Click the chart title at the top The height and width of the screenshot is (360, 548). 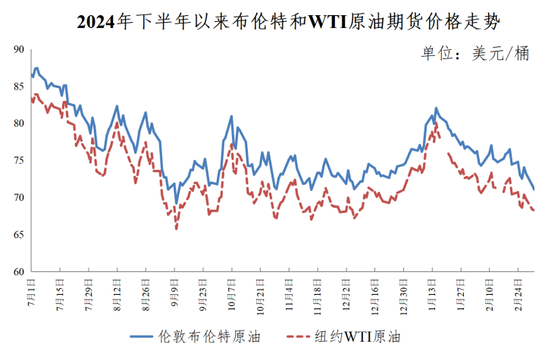pyautogui.click(x=289, y=22)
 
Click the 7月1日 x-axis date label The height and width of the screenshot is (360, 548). pyautogui.click(x=32, y=292)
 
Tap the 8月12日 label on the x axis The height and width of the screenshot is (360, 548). pyautogui.click(x=117, y=294)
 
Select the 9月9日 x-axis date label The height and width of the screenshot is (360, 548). pyautogui.click(x=175, y=293)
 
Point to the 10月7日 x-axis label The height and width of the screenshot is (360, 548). pyautogui.click(x=232, y=294)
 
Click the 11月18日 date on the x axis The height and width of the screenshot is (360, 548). pyautogui.click(x=318, y=296)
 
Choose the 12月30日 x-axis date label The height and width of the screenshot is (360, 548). pyautogui.click(x=404, y=296)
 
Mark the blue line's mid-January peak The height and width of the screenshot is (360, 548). pyautogui.click(x=436, y=108)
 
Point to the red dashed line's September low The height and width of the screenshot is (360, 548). pyautogui.click(x=177, y=228)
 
